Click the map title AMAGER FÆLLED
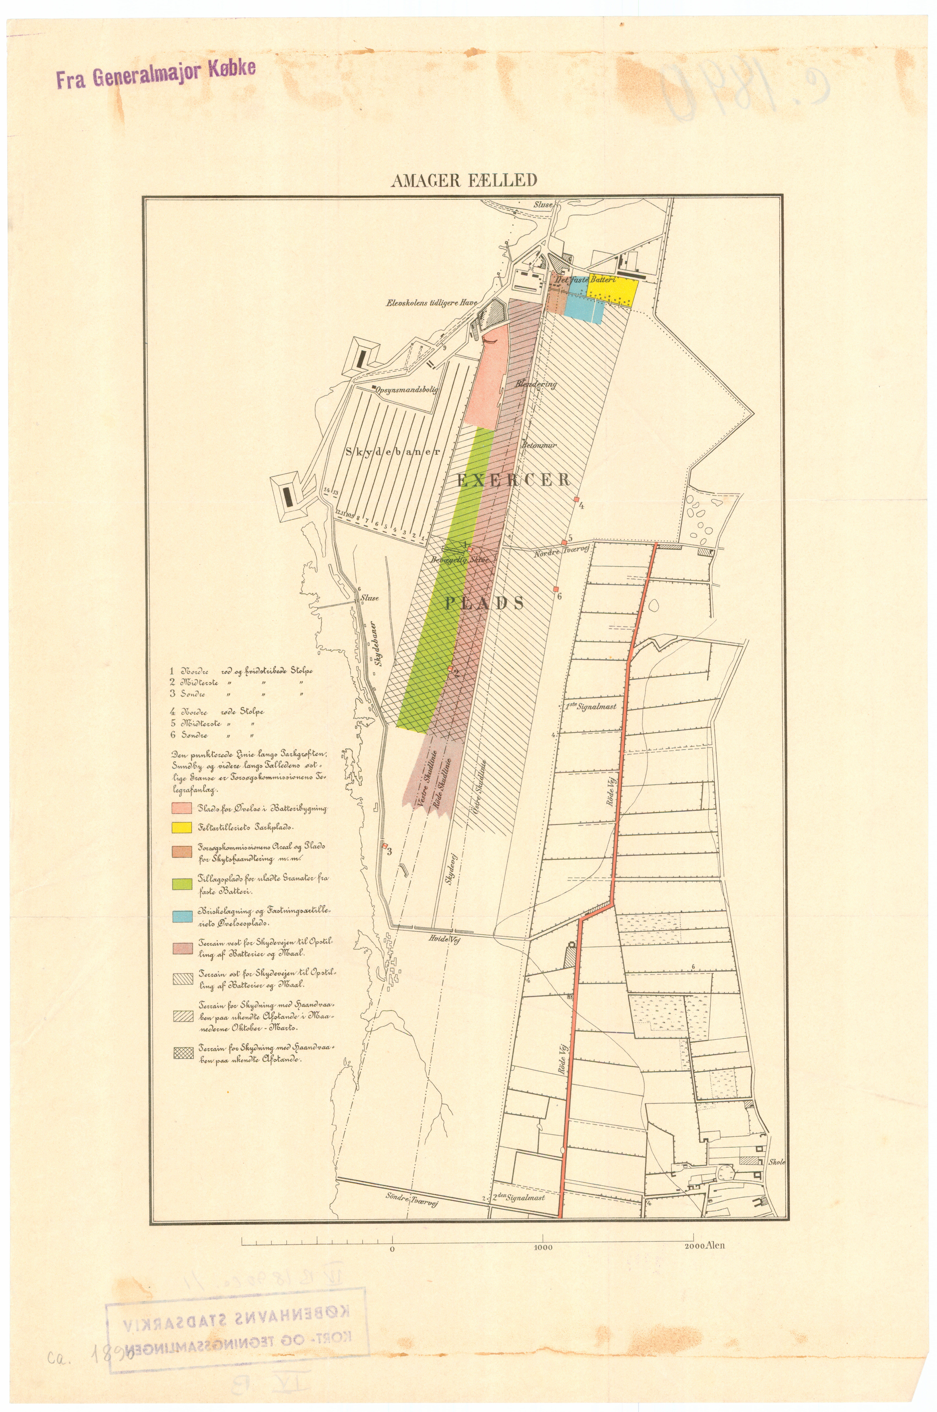point(464,180)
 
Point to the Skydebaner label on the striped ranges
point(393,452)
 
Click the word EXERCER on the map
point(514,479)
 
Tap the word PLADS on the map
point(484,603)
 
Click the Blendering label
point(536,384)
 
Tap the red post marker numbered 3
point(385,845)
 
